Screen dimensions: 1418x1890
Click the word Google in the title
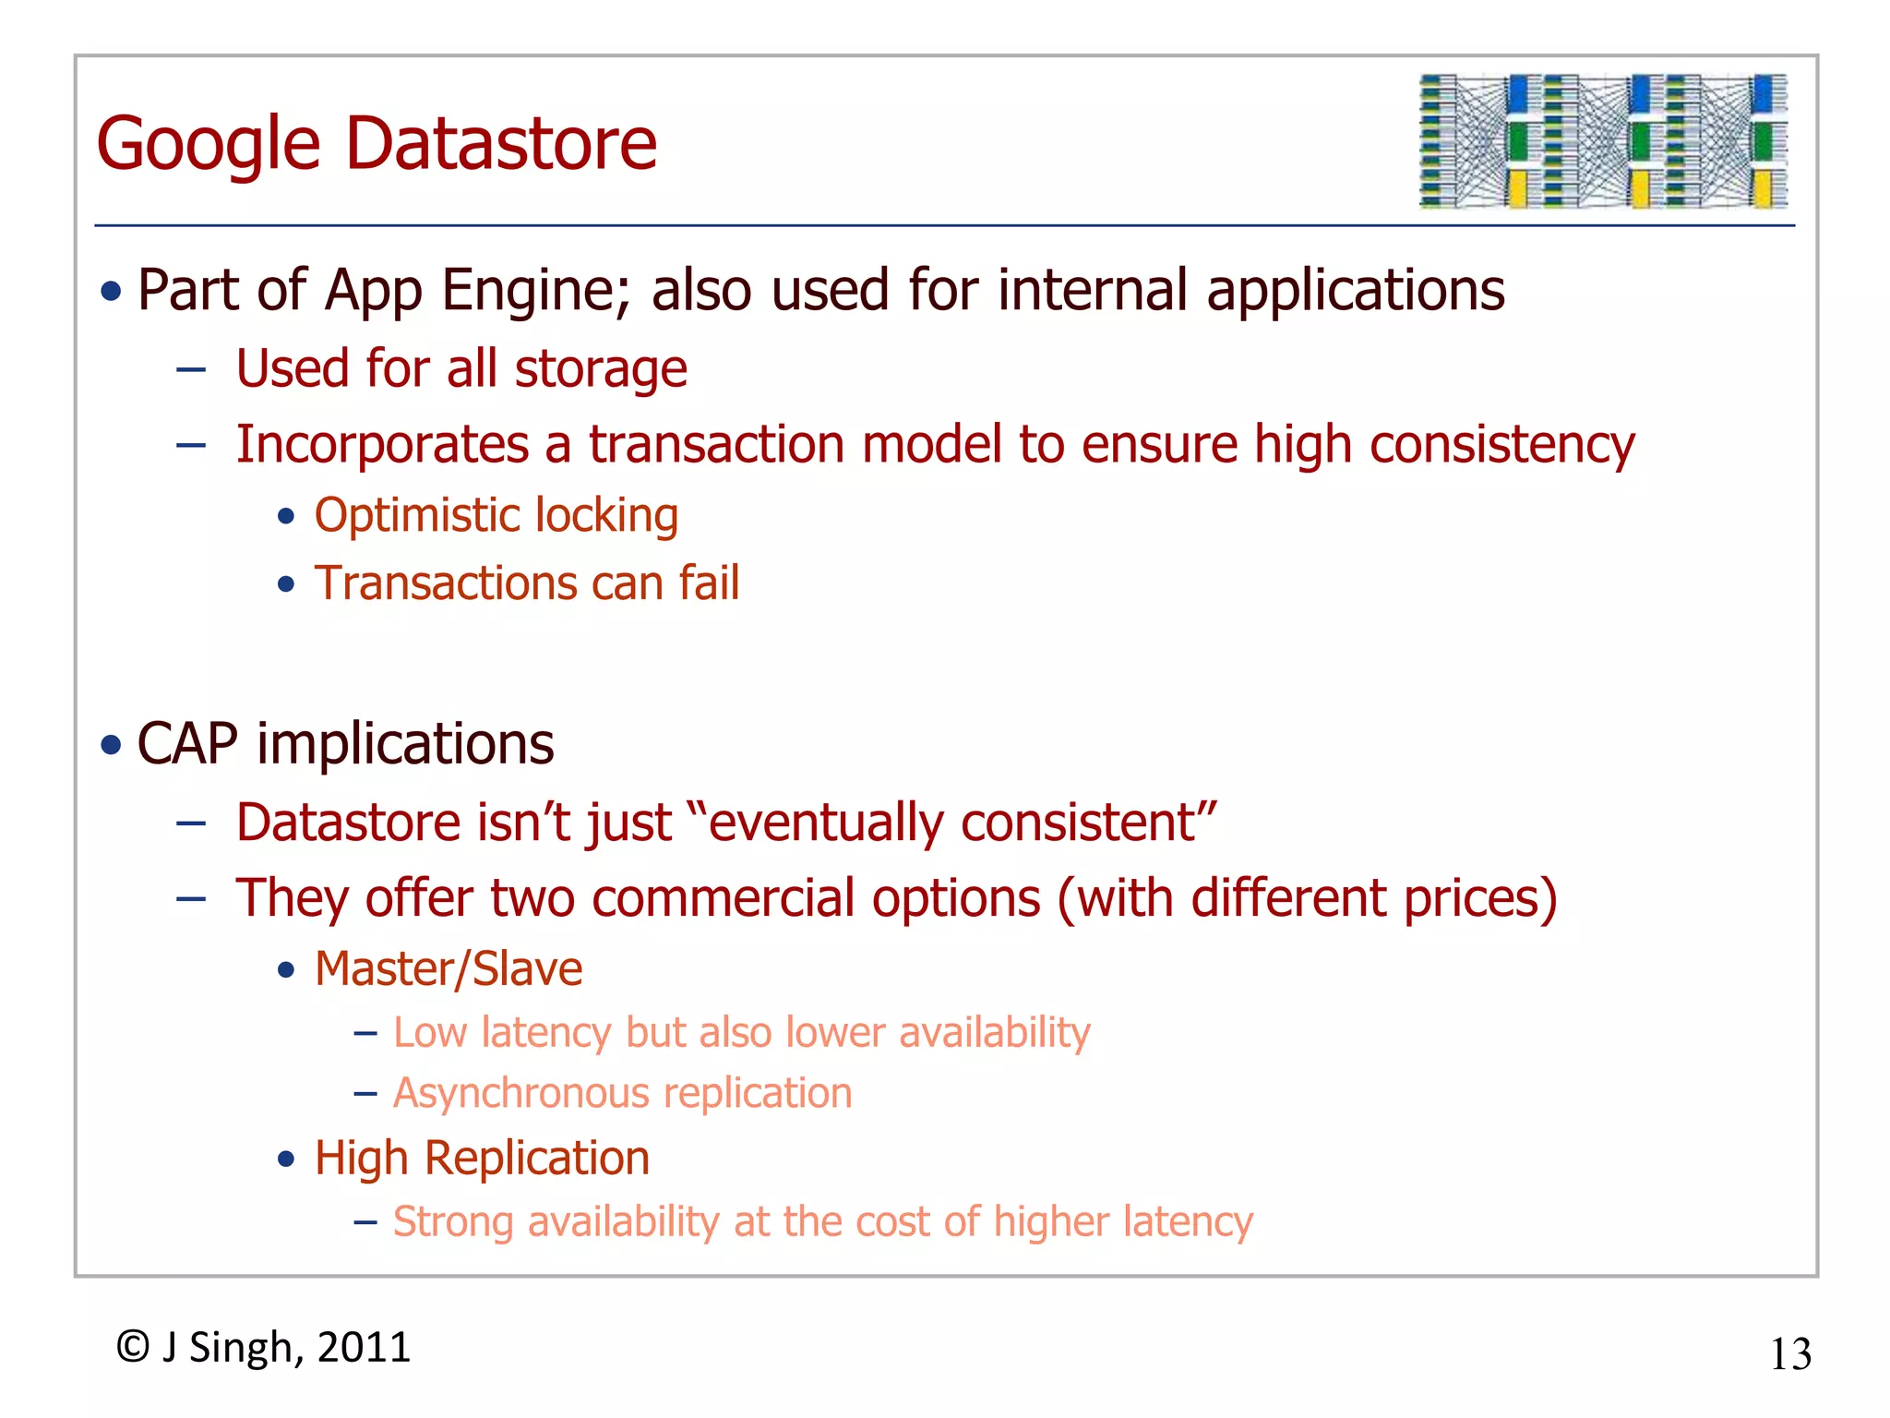pos(209,144)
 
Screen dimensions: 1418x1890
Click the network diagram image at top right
pos(1603,141)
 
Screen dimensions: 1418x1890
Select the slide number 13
pos(1790,1354)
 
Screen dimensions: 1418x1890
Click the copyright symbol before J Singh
pos(133,1347)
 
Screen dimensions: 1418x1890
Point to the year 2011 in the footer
pos(364,1347)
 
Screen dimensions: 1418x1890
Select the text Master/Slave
pos(449,969)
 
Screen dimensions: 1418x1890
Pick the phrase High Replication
pos(482,1159)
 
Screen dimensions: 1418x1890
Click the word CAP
pos(187,744)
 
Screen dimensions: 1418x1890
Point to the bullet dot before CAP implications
pos(112,744)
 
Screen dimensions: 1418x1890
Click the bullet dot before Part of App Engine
pos(112,292)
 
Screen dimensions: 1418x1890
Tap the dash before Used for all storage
pos(191,370)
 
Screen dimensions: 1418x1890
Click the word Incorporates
pos(382,445)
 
